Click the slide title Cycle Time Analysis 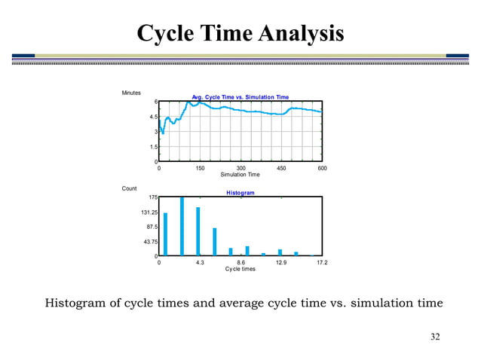[x=240, y=33]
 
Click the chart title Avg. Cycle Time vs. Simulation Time [x=240, y=97]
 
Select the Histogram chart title [x=240, y=193]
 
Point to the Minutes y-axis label [x=131, y=93]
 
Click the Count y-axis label [x=129, y=188]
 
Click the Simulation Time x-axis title [x=240, y=174]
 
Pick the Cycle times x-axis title [x=240, y=269]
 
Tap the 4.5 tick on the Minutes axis [x=152, y=117]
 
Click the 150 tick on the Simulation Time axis [x=200, y=168]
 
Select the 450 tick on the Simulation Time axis [x=281, y=168]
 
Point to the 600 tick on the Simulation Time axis [x=322, y=168]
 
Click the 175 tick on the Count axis [x=152, y=197]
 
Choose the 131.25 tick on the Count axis [x=148, y=212]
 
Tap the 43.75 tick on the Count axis [x=149, y=242]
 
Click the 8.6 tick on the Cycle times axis [x=240, y=263]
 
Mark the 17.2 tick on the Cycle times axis [x=322, y=263]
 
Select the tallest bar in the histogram [x=182, y=227]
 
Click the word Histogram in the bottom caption [x=78, y=304]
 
